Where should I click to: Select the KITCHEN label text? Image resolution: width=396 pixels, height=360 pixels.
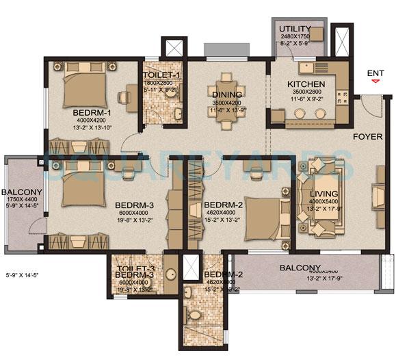click(306, 84)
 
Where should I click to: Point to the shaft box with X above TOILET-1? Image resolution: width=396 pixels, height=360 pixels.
click(172, 49)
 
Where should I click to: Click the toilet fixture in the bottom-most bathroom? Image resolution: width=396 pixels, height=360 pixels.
click(195, 316)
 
